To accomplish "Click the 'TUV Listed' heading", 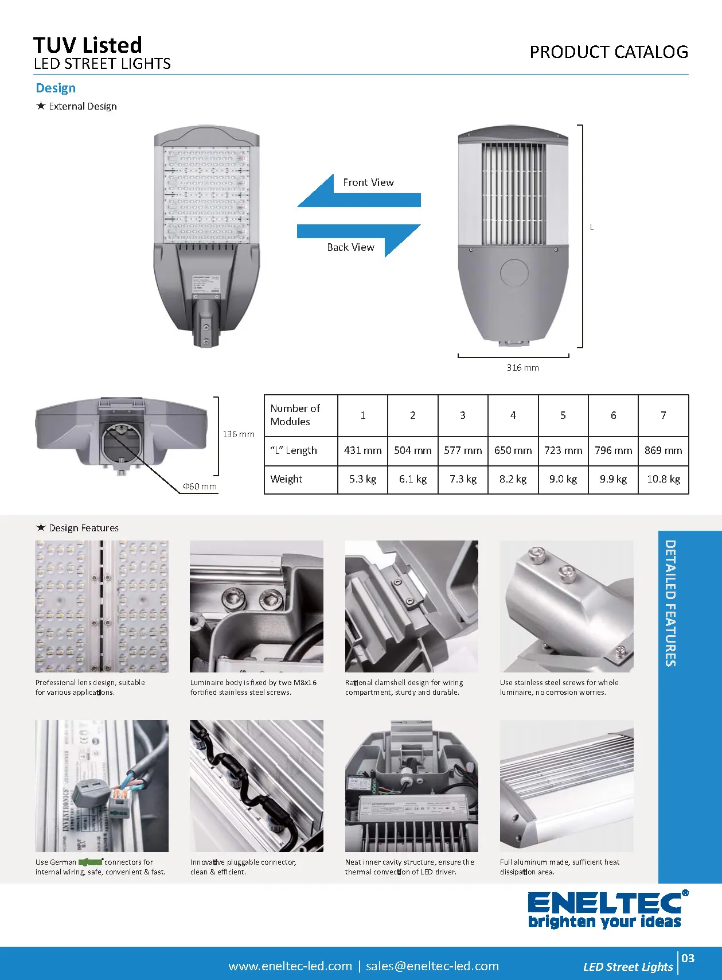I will (88, 45).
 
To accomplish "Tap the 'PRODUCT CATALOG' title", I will (608, 52).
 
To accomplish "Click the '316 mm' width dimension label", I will (522, 368).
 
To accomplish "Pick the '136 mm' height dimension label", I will (238, 434).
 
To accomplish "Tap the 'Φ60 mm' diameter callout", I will (200, 487).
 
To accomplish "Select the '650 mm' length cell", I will (513, 450).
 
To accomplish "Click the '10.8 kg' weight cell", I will (663, 479).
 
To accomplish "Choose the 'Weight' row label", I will (286, 479).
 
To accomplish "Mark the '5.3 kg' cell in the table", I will (362, 479).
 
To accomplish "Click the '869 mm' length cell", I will (663, 450).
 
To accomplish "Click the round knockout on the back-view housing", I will (514, 273).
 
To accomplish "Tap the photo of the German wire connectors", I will (102, 785).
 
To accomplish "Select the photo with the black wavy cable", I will (256, 785).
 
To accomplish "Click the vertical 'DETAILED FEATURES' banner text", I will (670, 602).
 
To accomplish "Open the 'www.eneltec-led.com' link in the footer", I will (290, 966).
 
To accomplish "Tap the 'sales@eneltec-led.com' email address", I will (432, 966).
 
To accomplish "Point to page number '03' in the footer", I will (688, 958).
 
